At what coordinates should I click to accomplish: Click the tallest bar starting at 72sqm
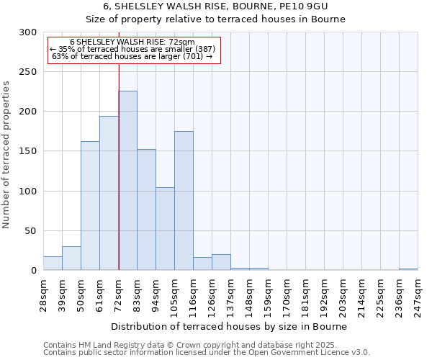tap(127, 181)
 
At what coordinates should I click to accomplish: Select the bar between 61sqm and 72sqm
tap(109, 193)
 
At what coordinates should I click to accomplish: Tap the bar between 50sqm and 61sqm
tap(90, 205)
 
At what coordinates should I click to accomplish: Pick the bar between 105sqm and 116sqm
tap(184, 201)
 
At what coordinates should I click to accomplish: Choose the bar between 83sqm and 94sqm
tap(146, 210)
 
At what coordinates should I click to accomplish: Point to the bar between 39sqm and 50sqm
tap(71, 258)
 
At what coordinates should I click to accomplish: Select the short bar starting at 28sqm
tap(53, 264)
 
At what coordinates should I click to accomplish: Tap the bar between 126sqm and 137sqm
tap(221, 263)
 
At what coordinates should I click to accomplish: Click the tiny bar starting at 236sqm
tap(408, 269)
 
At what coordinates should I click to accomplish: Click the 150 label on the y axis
tap(28, 151)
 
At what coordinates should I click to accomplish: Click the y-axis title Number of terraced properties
tap(7, 155)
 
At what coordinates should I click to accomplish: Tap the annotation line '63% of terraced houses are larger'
tap(132, 56)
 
